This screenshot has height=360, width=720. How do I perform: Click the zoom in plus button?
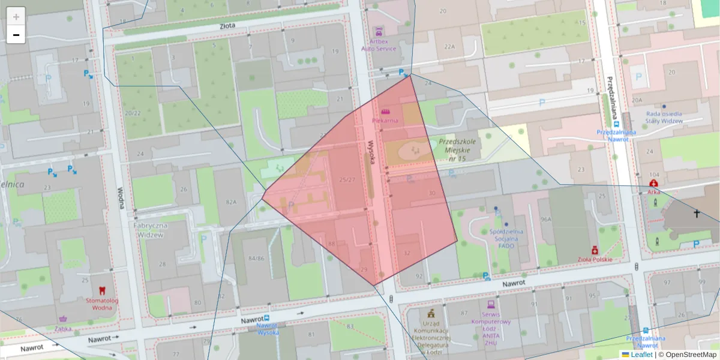[16, 17]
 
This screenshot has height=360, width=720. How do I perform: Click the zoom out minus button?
[16, 35]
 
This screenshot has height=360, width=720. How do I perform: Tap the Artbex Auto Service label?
[378, 45]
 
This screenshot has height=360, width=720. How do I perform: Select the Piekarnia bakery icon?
[385, 112]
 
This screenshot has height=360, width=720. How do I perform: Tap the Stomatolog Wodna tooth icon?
[101, 290]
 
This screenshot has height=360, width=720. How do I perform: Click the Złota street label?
[227, 26]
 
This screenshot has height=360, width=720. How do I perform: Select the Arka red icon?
[653, 182]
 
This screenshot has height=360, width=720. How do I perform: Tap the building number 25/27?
[347, 179]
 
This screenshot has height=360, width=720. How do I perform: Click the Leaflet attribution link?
[641, 355]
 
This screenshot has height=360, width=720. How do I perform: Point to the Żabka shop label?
[63, 328]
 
